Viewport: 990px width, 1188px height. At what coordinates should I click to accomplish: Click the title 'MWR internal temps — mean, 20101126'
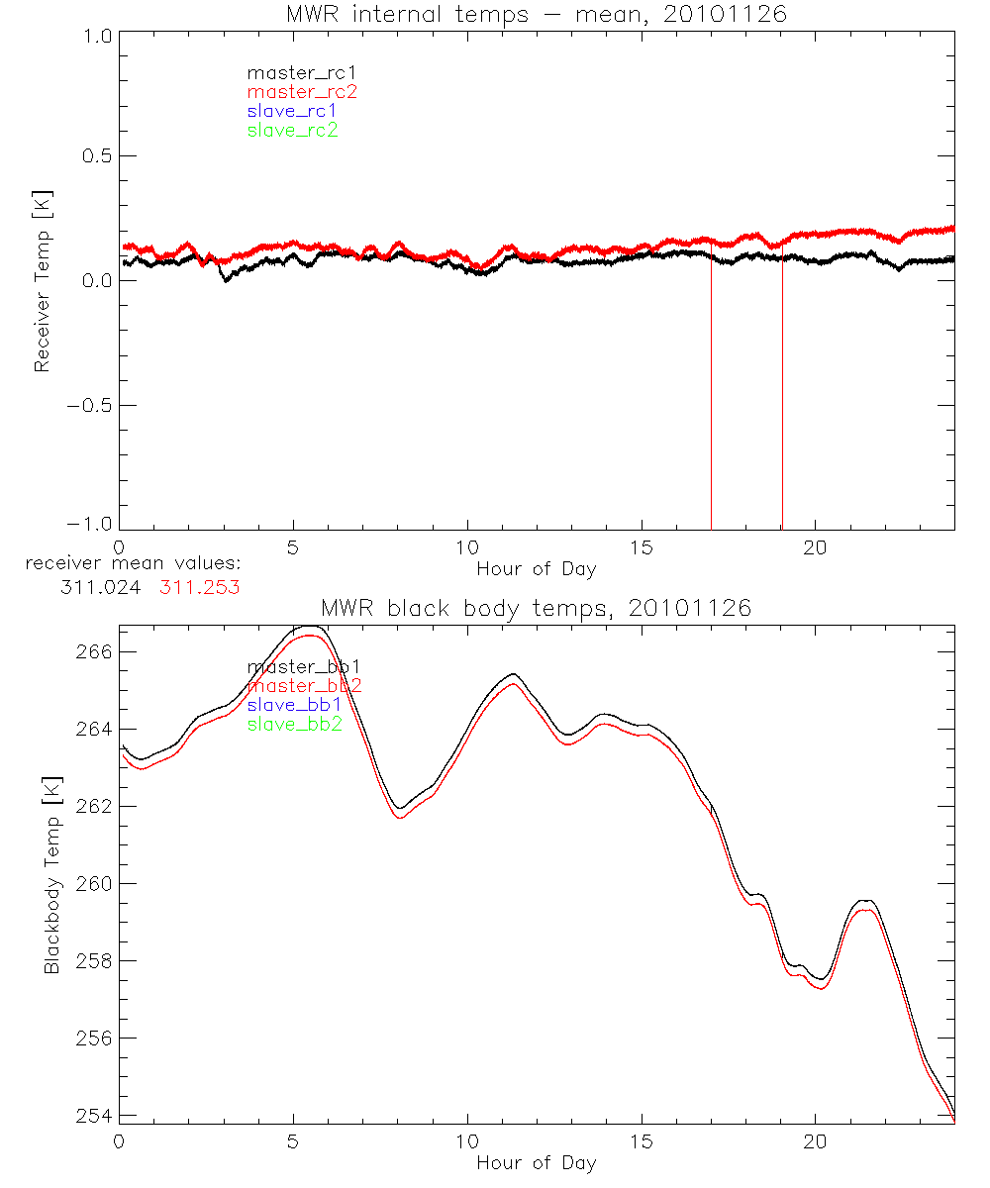point(536,14)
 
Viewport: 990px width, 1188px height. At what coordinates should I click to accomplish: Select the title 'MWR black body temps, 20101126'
point(536,608)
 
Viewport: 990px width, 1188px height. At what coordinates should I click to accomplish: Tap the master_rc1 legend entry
point(292,72)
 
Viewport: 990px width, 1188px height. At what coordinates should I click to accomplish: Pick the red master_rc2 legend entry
point(301,92)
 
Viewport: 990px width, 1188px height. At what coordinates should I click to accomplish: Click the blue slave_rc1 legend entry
point(292,111)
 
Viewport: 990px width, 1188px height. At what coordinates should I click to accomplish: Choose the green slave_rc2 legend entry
point(292,131)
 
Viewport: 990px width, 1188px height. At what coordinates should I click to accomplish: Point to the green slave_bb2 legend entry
point(295,725)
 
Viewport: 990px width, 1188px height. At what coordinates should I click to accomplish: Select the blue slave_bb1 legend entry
point(294,705)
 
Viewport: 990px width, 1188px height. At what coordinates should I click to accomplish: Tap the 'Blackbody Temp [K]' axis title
point(51,871)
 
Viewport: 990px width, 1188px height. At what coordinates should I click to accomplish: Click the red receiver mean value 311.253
point(200,586)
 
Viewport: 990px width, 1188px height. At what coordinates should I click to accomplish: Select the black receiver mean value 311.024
point(103,586)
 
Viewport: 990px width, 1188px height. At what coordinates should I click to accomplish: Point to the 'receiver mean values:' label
point(134,564)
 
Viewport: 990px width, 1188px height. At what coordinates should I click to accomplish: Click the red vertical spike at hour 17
point(711,396)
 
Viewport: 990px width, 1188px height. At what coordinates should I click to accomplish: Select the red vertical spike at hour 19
point(782,396)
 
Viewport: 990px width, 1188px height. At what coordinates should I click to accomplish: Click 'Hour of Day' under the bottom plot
point(536,1162)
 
